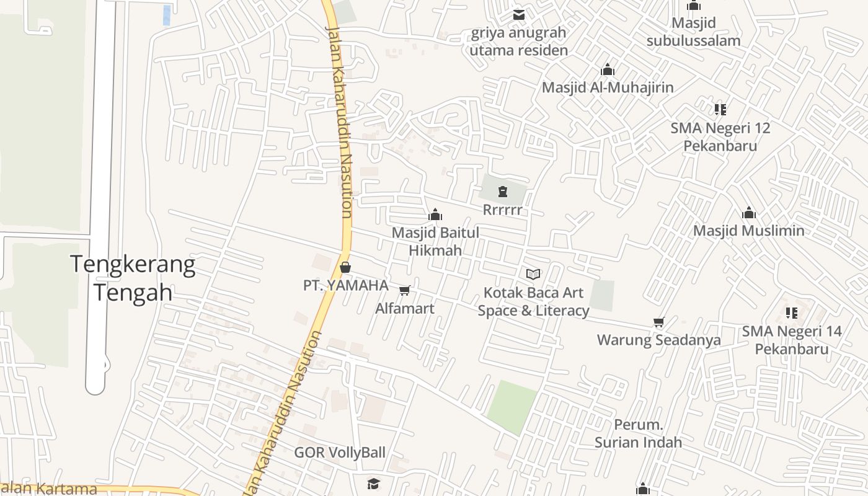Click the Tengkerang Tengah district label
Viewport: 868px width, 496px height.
pos(133,278)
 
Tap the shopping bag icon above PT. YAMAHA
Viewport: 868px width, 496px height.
pos(345,267)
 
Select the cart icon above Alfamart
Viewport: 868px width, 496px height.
pos(405,290)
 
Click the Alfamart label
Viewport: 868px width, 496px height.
pos(405,308)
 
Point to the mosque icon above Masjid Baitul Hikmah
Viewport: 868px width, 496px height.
pos(435,215)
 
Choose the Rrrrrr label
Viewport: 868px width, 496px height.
pos(502,210)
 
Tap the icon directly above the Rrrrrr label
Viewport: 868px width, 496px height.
pos(502,192)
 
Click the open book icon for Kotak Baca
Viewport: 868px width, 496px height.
pos(533,274)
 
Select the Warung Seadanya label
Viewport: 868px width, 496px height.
pos(658,340)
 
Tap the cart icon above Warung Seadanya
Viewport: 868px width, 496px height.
pos(658,322)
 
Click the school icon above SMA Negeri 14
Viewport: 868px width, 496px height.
pos(791,313)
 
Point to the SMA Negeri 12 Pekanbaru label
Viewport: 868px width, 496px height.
pos(720,137)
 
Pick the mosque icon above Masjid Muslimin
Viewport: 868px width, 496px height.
pos(749,213)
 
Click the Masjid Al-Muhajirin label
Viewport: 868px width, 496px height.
pos(608,87)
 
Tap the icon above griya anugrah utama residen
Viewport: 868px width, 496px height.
pos(518,14)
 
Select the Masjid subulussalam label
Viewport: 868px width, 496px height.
pos(693,32)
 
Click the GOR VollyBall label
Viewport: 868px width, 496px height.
pos(340,453)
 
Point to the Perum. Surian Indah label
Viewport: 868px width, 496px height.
pos(638,433)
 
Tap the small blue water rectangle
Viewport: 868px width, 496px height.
pos(167,15)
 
